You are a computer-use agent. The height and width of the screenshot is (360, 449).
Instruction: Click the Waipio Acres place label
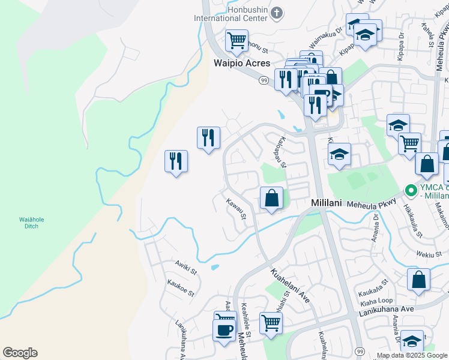point(243,63)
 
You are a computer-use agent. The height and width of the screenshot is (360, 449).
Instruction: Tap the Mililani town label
point(326,203)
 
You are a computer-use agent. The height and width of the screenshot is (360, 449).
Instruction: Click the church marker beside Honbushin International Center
point(276,12)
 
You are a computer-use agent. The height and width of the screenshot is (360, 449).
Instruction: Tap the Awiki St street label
point(186,267)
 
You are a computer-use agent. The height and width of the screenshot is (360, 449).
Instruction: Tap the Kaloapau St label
point(282,152)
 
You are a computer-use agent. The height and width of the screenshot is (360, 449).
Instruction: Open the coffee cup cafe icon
point(224,329)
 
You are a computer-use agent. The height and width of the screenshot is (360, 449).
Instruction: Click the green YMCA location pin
point(411,191)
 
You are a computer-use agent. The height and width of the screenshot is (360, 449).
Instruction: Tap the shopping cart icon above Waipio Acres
point(237,40)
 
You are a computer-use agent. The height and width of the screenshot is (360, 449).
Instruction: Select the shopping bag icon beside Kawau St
point(271,197)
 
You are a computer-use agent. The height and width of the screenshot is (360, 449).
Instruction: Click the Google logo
point(20,353)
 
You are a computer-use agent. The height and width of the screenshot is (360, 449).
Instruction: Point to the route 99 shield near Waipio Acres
point(264,80)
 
